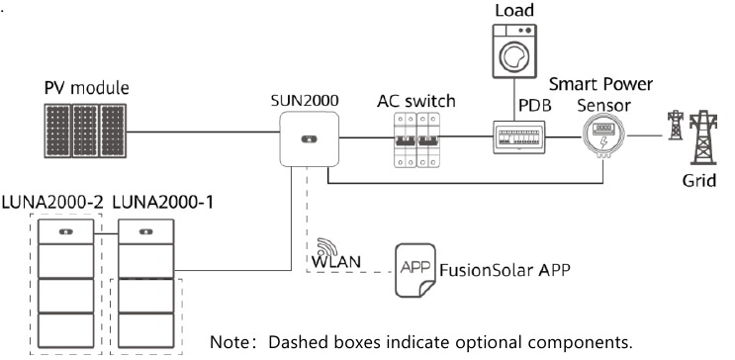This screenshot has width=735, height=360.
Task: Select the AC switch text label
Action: click(x=415, y=100)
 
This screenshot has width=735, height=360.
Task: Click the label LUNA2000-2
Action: click(x=52, y=202)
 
